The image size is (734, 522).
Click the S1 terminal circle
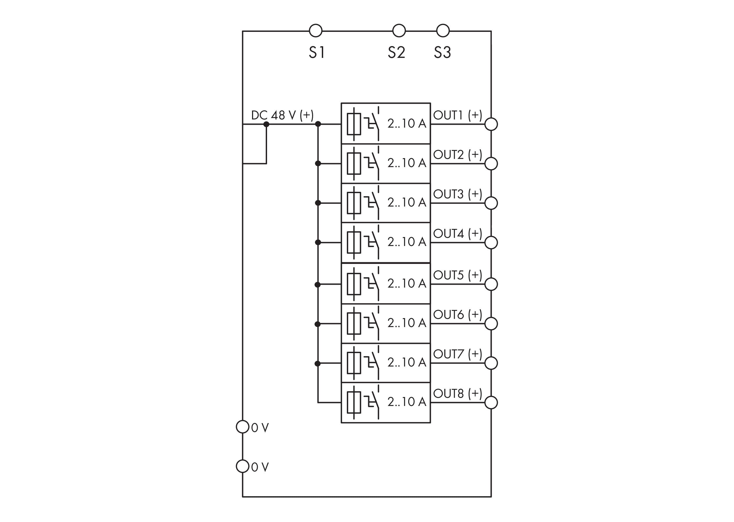(x=315, y=31)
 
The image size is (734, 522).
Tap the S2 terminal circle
(x=399, y=31)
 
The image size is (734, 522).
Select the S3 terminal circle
(x=443, y=31)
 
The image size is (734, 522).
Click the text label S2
(x=396, y=52)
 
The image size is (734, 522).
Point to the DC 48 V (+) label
(x=282, y=115)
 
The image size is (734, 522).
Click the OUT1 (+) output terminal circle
(x=491, y=124)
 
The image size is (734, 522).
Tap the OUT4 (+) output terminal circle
(x=491, y=242)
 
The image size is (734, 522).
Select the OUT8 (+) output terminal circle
(x=491, y=403)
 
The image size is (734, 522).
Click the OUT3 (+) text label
(x=457, y=194)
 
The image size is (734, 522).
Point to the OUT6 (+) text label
(x=457, y=315)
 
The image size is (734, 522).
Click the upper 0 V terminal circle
(x=243, y=427)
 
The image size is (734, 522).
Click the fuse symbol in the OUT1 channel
(x=354, y=124)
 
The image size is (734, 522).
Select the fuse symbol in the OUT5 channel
(x=354, y=284)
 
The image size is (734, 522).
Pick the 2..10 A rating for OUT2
(x=407, y=163)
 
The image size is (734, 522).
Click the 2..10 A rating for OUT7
(x=407, y=362)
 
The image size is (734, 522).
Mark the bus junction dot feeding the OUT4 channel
(x=318, y=242)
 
